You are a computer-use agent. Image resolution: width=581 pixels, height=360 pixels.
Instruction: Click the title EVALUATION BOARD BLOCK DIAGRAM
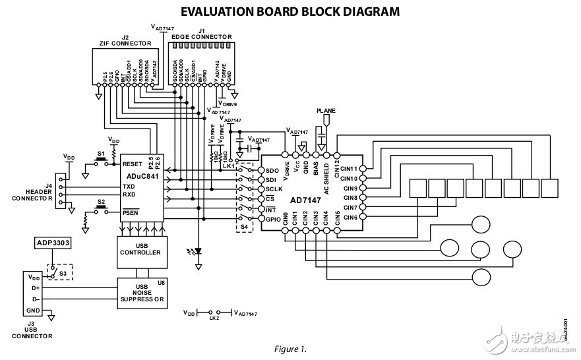290,11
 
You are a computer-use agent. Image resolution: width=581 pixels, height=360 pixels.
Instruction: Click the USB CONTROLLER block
139,252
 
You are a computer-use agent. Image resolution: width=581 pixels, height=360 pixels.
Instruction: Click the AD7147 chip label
305,198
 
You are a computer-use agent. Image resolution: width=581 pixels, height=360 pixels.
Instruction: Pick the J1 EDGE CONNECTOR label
202,34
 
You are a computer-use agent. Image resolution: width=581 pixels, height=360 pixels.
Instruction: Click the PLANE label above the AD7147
326,111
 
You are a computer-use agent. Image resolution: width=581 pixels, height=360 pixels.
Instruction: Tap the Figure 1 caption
290,348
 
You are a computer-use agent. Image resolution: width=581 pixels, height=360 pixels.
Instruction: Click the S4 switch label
245,227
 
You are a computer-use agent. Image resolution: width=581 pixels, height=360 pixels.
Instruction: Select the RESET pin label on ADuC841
132,164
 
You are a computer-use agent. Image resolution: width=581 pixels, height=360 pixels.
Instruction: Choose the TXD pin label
129,187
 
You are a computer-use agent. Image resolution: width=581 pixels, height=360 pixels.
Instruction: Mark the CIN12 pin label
336,167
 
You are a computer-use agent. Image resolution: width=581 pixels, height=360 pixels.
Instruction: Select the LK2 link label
213,318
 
